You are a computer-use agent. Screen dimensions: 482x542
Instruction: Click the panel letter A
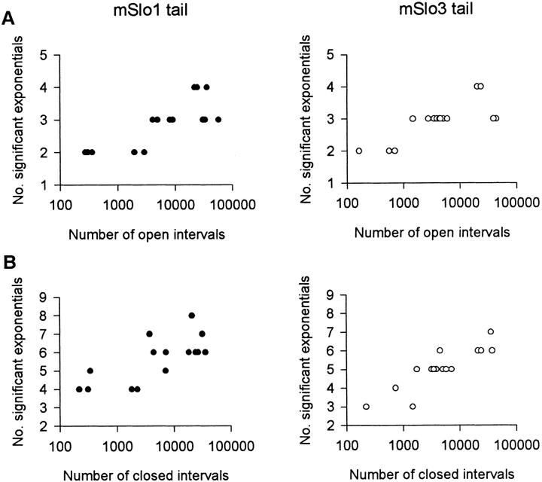(x=9, y=22)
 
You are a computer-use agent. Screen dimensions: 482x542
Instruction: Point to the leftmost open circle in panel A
(x=359, y=151)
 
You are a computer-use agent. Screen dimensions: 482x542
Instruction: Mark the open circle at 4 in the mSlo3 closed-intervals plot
(x=395, y=388)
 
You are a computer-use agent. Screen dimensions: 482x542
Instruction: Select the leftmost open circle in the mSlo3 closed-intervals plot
(x=366, y=407)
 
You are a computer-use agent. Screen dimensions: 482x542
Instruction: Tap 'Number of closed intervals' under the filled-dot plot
(x=146, y=474)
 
